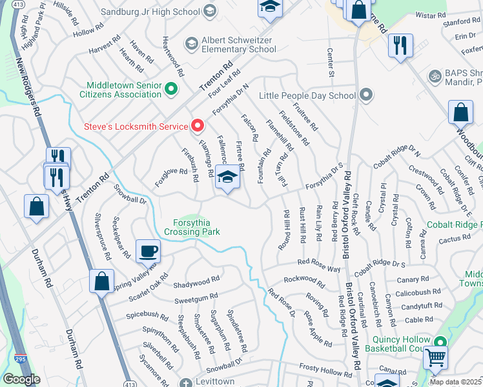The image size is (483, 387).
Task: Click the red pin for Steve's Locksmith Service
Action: [x=198, y=126]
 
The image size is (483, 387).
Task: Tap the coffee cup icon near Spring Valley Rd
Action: [x=148, y=250]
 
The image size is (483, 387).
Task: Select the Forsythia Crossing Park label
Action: [x=192, y=226]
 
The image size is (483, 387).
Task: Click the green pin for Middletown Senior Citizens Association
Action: [x=171, y=89]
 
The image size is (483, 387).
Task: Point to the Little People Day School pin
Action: [x=366, y=96]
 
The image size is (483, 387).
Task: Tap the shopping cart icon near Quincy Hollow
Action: [x=436, y=356]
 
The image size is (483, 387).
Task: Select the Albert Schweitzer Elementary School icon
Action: [x=191, y=44]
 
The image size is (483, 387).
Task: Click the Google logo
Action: [x=21, y=379]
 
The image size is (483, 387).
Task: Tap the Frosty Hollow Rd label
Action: [x=325, y=370]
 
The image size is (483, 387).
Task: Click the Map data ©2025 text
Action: [x=455, y=382]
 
